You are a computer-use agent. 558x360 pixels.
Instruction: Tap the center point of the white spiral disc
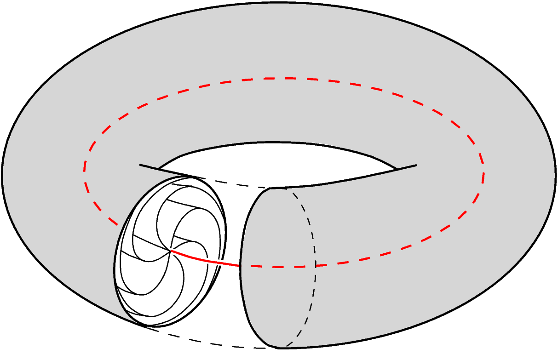coord(171,251)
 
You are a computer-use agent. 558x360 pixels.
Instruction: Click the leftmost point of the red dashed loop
coord(84,170)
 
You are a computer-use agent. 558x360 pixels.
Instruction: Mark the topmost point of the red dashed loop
coord(285,78)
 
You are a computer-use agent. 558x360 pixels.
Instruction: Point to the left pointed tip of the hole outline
coord(139,164)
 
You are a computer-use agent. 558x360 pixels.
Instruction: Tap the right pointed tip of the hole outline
coord(417,165)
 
